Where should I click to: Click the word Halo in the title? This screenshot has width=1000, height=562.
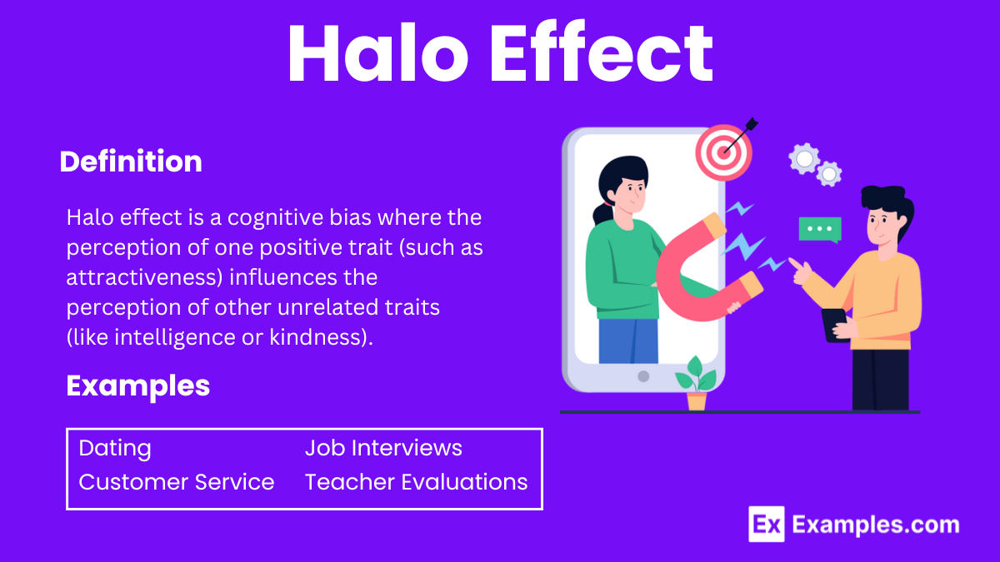click(378, 52)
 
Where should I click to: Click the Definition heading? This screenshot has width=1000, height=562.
click(131, 161)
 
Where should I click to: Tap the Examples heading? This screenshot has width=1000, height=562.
click(138, 386)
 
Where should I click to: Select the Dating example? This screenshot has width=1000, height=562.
click(115, 449)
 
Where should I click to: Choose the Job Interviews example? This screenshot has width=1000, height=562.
click(383, 448)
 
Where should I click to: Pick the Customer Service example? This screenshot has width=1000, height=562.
click(177, 482)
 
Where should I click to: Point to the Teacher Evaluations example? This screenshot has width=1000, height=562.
click(416, 482)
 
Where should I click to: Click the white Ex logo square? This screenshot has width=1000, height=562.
click(767, 524)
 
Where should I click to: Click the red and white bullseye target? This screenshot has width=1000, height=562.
click(723, 152)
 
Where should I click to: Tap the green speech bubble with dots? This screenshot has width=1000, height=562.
click(820, 230)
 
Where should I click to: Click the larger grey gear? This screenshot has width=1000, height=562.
click(804, 159)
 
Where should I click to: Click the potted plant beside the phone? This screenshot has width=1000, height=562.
click(697, 384)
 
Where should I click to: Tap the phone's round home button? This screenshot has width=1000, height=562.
click(643, 376)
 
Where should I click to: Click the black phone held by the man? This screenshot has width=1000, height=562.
click(835, 326)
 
